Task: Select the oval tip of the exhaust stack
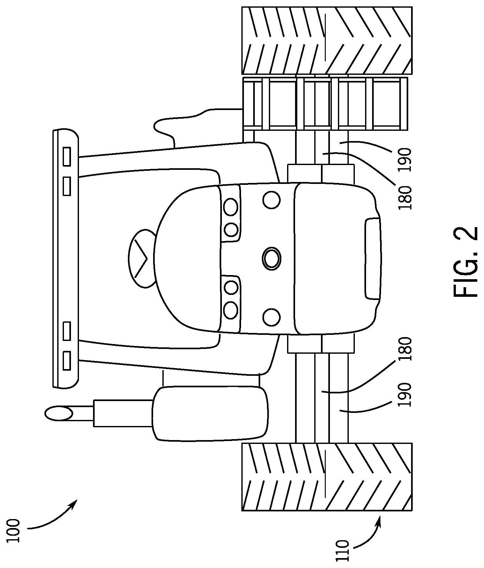(59, 413)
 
